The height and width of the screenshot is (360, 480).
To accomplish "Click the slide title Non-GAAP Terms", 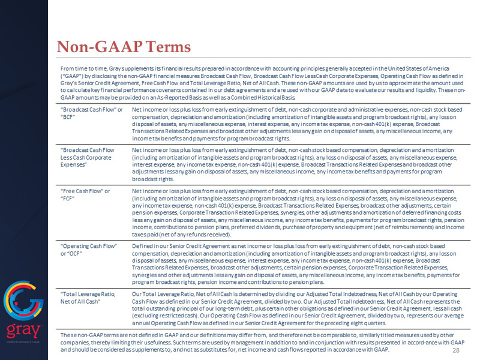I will [123, 46].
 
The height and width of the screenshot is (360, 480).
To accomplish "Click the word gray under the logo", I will [23, 331].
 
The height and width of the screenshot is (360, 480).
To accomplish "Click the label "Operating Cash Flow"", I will [89, 246].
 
